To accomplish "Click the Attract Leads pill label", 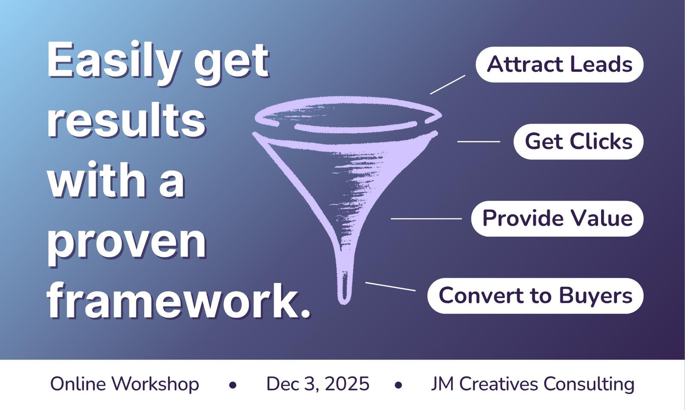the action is (x=559, y=65).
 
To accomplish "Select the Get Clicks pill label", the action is (x=578, y=142).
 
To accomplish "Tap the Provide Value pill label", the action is (x=557, y=219).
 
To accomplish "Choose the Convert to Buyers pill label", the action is (x=535, y=296).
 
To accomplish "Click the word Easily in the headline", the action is (x=114, y=61).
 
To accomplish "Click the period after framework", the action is (x=304, y=312).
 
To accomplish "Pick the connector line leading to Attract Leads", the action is (x=448, y=85).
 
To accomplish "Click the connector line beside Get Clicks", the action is (x=479, y=142).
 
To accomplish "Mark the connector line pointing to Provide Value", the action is (x=426, y=219).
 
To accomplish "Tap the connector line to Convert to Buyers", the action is (x=390, y=286).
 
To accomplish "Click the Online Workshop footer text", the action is (x=125, y=384).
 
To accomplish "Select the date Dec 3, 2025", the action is (x=318, y=384).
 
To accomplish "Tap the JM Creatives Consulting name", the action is (x=533, y=384).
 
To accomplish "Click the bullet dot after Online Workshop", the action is (x=233, y=385).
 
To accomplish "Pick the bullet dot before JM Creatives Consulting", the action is (x=398, y=385).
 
